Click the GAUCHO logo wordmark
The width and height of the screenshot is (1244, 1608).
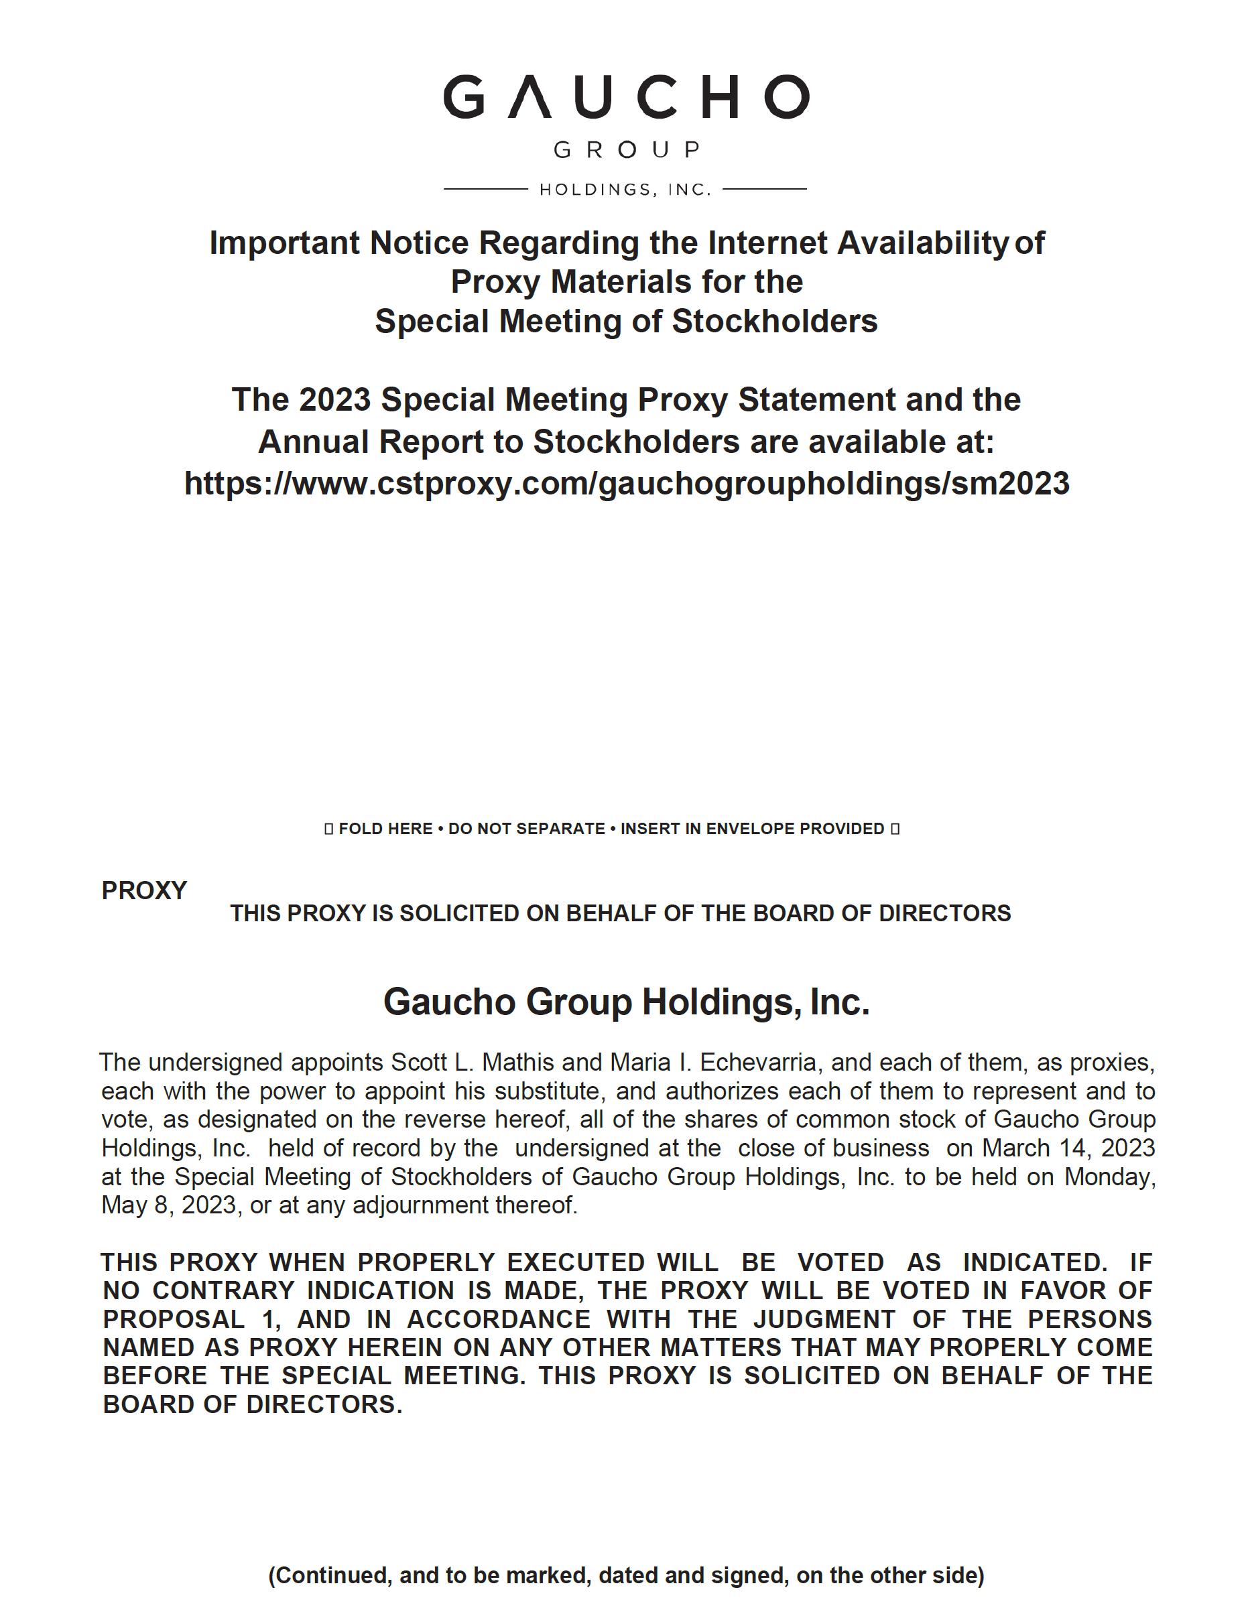[625, 96]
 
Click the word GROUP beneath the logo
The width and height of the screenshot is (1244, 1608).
[626, 150]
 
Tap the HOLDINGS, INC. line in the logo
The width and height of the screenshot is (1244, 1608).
[625, 190]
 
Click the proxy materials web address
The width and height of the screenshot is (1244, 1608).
[626, 484]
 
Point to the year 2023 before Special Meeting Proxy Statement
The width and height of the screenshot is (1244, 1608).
[334, 400]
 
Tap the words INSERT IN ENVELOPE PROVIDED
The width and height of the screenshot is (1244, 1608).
[752, 828]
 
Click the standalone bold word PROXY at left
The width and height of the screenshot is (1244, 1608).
[144, 891]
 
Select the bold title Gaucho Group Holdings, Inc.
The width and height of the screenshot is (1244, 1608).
[626, 1002]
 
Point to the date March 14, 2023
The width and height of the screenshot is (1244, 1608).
[1068, 1148]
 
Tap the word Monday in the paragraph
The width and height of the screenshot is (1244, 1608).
[1109, 1177]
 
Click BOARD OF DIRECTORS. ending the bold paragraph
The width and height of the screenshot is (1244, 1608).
[253, 1404]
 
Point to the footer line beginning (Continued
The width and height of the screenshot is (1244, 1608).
[626, 1575]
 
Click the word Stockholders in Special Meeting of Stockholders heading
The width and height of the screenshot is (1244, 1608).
[774, 322]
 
